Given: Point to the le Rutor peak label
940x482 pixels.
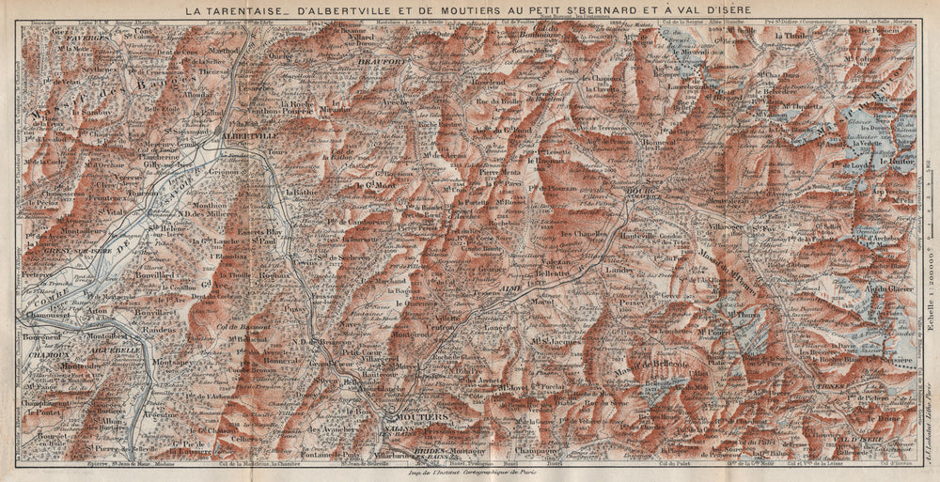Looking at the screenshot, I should [896, 161].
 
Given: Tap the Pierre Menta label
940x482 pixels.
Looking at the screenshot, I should [500, 173].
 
